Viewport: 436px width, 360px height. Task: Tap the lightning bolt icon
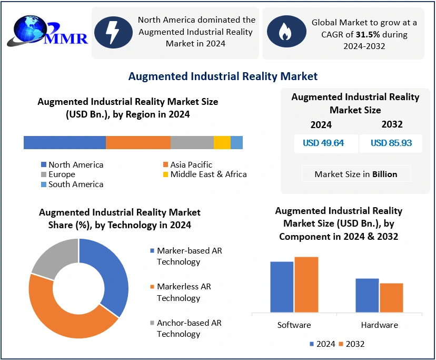point(113,32)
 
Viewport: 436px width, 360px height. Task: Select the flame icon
point(284,32)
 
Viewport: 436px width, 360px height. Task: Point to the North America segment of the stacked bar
point(65,142)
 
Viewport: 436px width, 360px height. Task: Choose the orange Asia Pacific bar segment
point(138,142)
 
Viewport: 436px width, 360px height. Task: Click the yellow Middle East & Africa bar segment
point(222,142)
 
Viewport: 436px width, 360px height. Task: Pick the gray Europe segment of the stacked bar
point(192,142)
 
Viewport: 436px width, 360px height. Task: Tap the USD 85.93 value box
point(391,143)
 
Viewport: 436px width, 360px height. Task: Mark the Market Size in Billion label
point(356,174)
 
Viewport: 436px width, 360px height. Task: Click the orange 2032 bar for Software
point(306,285)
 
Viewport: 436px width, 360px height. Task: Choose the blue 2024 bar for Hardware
point(367,295)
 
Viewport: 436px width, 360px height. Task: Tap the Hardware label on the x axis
point(379,325)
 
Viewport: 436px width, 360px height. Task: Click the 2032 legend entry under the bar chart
point(351,344)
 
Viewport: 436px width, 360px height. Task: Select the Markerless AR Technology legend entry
point(183,292)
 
